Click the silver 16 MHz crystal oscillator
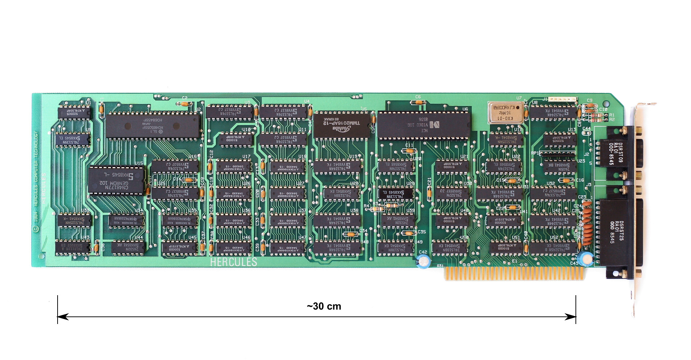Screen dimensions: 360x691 [x=505, y=113]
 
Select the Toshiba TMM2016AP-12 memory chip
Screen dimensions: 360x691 [x=342, y=125]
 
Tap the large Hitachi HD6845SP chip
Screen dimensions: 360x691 [x=153, y=126]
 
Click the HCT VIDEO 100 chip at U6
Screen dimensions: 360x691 [x=424, y=125]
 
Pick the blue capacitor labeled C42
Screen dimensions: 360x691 [x=423, y=261]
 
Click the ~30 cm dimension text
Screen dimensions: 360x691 [x=324, y=306]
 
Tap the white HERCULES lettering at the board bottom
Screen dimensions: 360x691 [x=234, y=262]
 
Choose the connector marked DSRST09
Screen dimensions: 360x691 [x=615, y=153]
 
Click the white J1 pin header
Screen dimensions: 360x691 [x=564, y=99]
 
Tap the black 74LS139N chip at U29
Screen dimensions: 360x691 [x=396, y=194]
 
